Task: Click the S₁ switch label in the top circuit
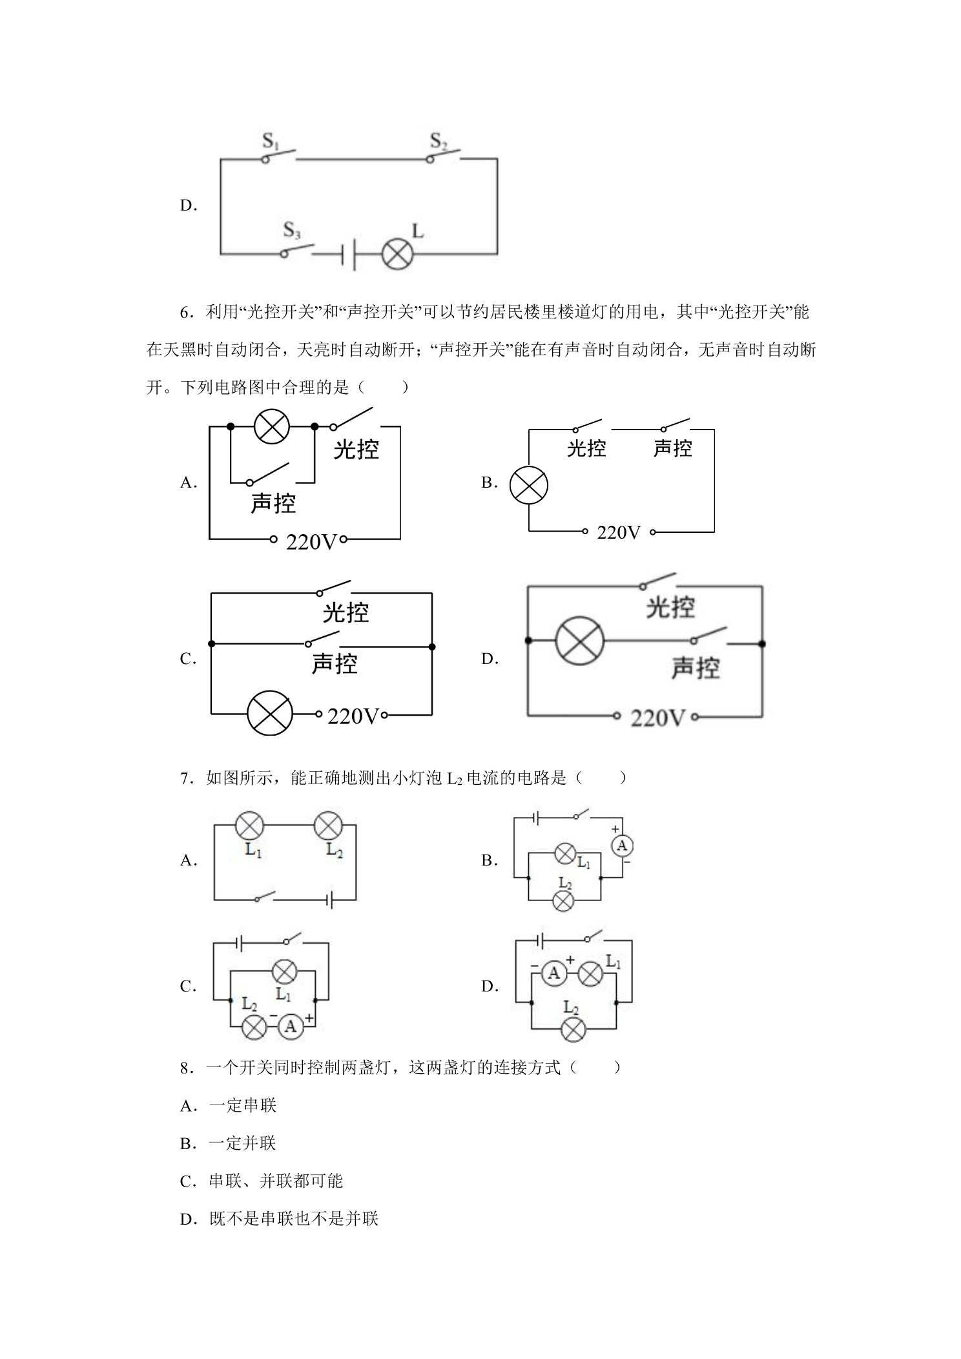coord(271,141)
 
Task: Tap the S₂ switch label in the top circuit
coord(439,141)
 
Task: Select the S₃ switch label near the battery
coord(292,231)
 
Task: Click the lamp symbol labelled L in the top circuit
coord(397,254)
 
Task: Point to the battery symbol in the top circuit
coord(348,254)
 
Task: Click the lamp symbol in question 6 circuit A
coord(271,426)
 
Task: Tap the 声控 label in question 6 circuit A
coord(273,503)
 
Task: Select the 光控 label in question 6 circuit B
coord(586,448)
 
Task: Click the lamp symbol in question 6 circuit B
coord(528,486)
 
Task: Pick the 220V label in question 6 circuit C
coord(352,716)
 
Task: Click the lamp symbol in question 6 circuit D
coord(580,641)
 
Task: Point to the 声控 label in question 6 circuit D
coord(695,668)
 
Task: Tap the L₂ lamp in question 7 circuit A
coord(327,825)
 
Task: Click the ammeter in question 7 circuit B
coord(622,845)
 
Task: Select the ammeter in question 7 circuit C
coord(291,1026)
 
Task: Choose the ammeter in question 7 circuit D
coord(553,973)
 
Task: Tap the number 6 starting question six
coord(185,313)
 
